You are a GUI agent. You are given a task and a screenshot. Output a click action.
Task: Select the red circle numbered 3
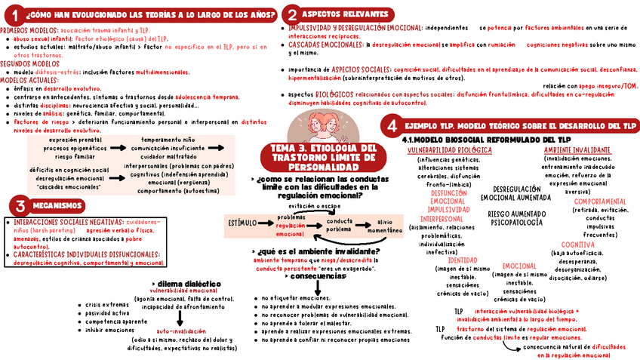(20, 205)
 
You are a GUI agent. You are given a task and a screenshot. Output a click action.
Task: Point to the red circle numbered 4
(392, 125)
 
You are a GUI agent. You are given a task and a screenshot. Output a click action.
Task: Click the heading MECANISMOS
(58, 205)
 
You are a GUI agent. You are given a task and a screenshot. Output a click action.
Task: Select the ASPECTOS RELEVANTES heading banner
(346, 14)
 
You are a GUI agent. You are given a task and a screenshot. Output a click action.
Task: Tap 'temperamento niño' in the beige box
(168, 140)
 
